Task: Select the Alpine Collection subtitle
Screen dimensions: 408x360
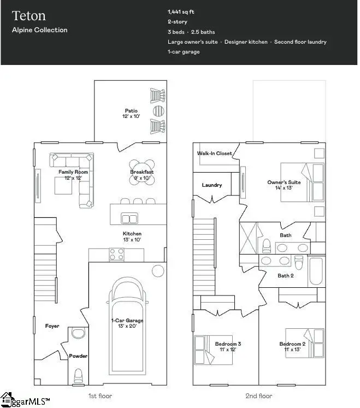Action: click(x=40, y=30)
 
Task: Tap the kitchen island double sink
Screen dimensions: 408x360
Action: click(x=129, y=219)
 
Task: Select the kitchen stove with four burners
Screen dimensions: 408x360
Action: click(x=116, y=254)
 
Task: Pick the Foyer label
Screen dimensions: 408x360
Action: click(x=52, y=326)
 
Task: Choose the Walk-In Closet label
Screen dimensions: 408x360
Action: click(x=214, y=153)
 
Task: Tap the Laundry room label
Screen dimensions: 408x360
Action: click(x=212, y=185)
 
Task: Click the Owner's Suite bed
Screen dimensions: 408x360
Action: click(x=302, y=182)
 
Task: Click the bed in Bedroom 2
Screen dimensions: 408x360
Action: click(x=303, y=344)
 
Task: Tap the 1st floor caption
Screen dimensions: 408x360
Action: click(x=99, y=395)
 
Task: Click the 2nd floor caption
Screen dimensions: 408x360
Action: click(x=259, y=395)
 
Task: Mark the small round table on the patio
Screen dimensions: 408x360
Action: click(x=158, y=111)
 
